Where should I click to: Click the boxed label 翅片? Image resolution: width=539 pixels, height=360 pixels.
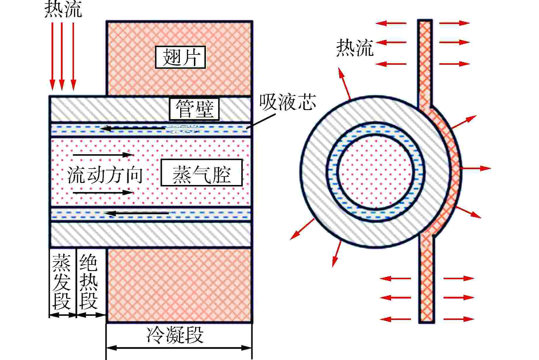point(180,57)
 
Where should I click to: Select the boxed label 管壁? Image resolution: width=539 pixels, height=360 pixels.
point(194,109)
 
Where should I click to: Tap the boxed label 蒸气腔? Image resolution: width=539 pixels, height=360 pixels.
point(202,173)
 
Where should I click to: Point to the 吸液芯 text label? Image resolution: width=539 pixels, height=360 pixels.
point(288,102)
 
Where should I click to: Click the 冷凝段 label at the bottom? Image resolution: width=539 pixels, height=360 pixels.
point(175,335)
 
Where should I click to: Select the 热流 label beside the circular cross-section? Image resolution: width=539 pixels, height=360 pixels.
point(354,48)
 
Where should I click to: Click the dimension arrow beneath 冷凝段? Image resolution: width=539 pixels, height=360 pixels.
point(179,348)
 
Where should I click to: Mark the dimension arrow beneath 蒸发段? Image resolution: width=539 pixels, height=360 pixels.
point(63,315)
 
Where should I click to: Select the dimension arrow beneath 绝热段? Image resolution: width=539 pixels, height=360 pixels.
point(91,315)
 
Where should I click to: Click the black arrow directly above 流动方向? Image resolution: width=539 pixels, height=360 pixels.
point(103,154)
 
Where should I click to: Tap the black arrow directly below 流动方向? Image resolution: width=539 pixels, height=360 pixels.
point(103,192)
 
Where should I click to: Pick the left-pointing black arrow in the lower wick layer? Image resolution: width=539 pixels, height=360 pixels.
point(137,213)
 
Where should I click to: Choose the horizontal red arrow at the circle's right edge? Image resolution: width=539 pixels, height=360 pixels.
point(475,168)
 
